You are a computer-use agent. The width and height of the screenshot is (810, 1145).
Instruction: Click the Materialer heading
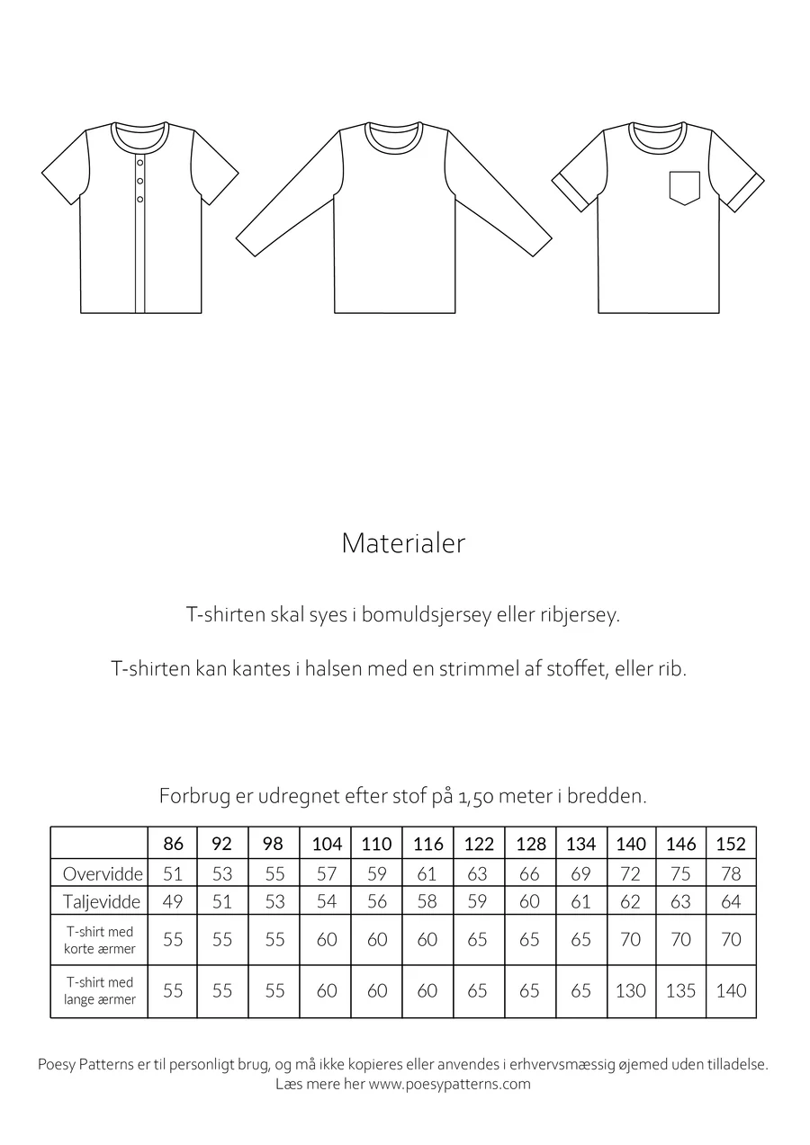[403, 543]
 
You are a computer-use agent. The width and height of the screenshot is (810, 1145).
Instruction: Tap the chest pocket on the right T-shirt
[684, 187]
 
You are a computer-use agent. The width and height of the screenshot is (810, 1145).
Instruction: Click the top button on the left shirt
[140, 163]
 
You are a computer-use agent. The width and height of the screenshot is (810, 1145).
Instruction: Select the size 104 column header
[327, 844]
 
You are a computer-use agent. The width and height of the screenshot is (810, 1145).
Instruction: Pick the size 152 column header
[731, 844]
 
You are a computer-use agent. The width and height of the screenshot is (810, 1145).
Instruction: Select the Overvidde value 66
[529, 873]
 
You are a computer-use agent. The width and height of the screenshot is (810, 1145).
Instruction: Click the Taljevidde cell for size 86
[173, 901]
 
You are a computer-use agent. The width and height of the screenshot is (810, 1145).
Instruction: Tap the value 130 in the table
[630, 990]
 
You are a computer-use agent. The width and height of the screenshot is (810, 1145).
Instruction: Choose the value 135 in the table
[680, 990]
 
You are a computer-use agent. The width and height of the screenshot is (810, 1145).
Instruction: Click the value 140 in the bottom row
[731, 990]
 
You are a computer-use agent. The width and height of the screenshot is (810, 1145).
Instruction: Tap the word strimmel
[478, 670]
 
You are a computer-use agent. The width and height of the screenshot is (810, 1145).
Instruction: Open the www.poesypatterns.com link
[450, 1084]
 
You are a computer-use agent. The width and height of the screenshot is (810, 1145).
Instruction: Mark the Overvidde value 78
[731, 873]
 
